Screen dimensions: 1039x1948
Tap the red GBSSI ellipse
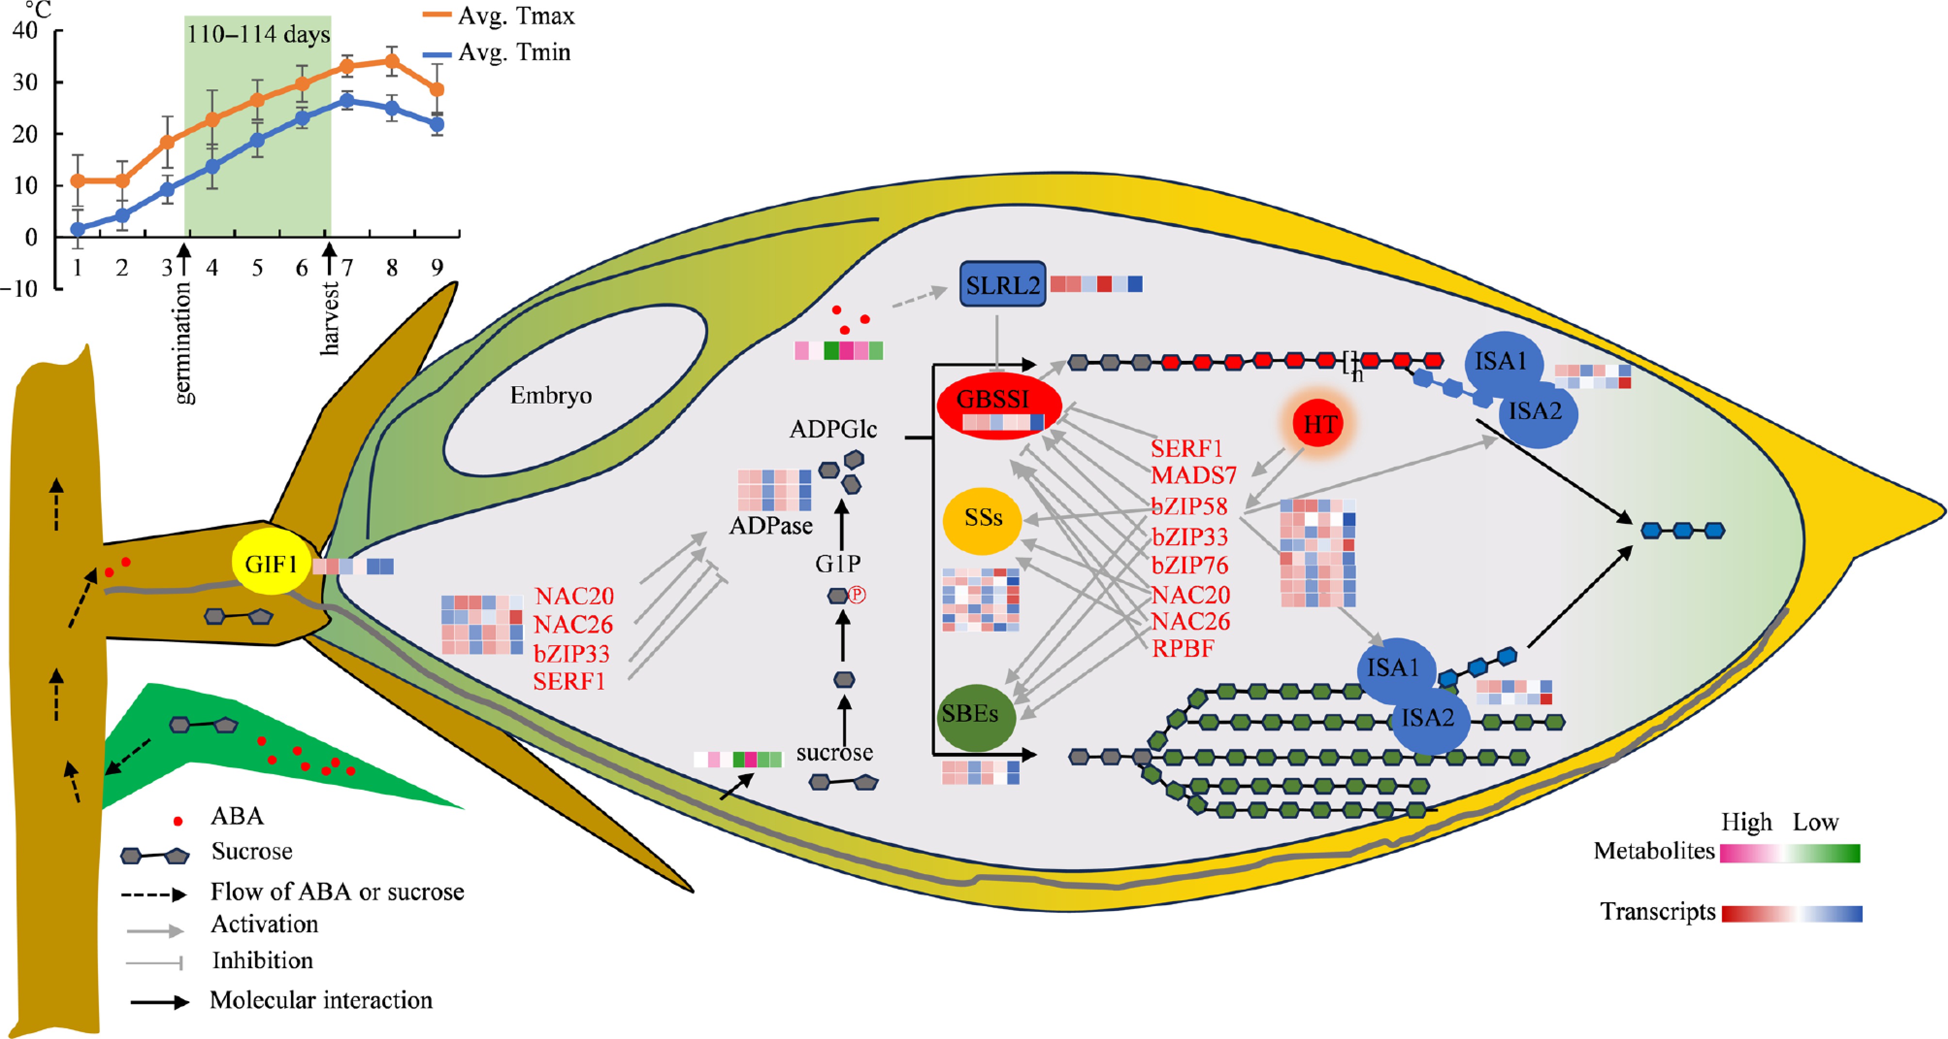(999, 406)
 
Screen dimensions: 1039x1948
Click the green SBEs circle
(975, 716)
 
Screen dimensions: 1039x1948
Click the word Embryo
(551, 395)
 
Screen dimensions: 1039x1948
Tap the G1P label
(838, 563)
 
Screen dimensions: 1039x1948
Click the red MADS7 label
(1193, 476)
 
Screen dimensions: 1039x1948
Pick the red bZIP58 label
(1189, 506)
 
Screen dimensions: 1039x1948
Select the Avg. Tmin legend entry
(514, 52)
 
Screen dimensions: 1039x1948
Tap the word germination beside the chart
(182, 344)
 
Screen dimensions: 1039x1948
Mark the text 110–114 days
(258, 35)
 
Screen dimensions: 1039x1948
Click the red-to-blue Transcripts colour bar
(1791, 913)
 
